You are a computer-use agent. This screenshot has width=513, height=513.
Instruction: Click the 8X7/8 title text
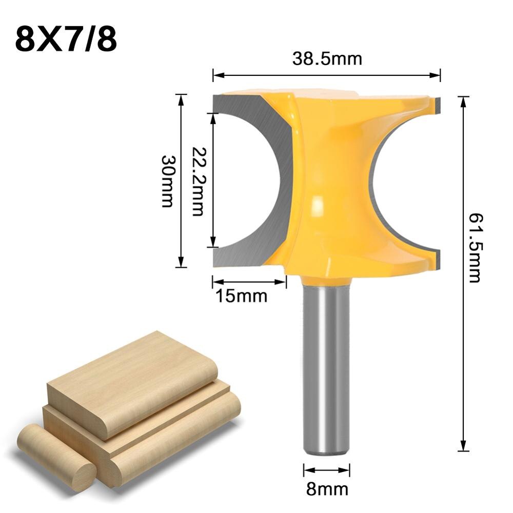[x=66, y=40]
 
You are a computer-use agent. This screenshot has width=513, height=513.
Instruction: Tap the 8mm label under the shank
[x=327, y=489]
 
